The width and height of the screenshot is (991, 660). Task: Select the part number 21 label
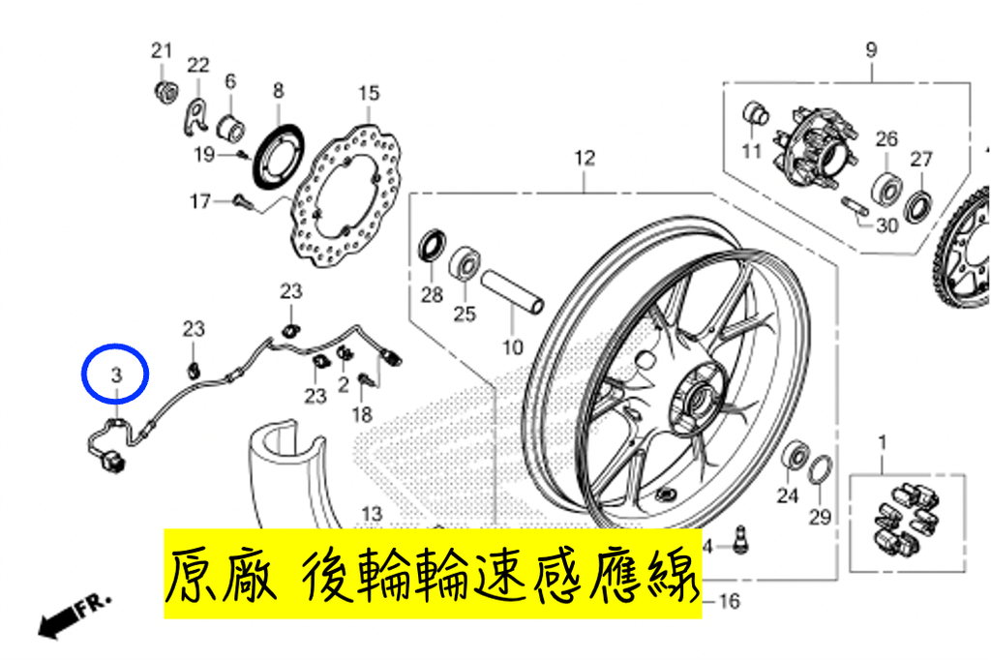tap(162, 50)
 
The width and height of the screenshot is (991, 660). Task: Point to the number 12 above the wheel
tap(585, 158)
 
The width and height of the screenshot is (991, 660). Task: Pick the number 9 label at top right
tap(872, 49)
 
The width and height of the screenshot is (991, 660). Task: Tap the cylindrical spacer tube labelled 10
tap(513, 292)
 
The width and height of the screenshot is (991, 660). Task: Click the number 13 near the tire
tap(373, 513)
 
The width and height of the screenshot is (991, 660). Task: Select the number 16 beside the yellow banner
tap(730, 601)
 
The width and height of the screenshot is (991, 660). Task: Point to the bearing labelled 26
tap(886, 188)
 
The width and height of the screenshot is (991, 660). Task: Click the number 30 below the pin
tap(888, 225)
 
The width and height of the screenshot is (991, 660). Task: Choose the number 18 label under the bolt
tap(362, 415)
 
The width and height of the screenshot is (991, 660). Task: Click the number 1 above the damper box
tap(883, 442)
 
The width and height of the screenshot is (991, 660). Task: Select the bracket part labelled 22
tap(196, 117)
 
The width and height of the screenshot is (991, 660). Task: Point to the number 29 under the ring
tap(820, 517)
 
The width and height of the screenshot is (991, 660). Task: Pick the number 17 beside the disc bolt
tap(200, 201)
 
